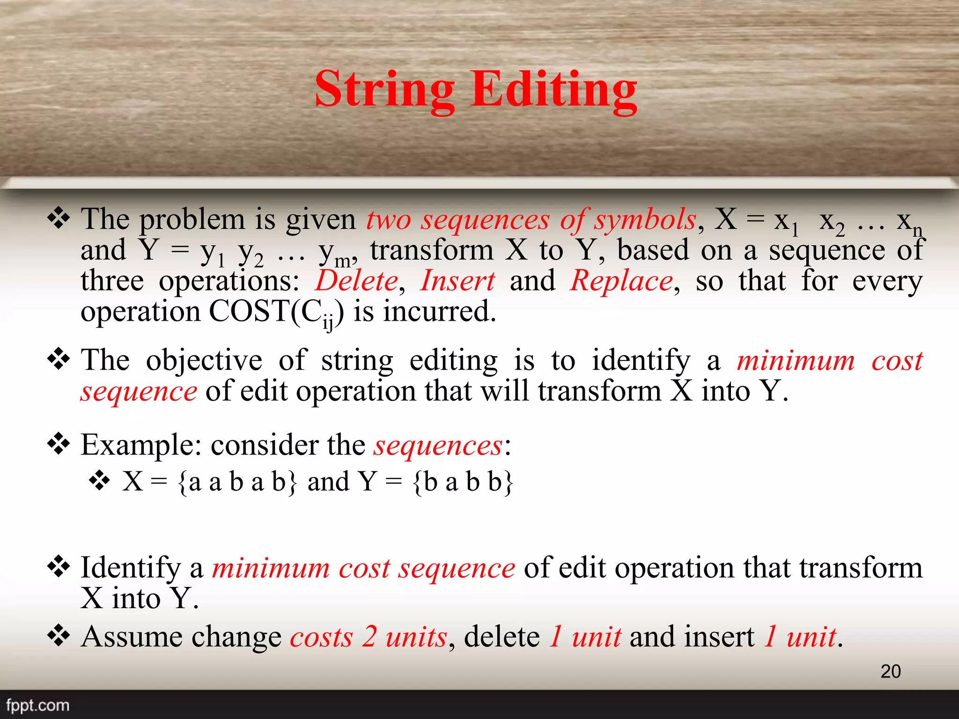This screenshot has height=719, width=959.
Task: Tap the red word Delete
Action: point(357,281)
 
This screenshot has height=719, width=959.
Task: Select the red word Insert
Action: point(457,281)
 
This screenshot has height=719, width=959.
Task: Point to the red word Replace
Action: point(621,281)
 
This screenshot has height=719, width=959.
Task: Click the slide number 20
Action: point(890,671)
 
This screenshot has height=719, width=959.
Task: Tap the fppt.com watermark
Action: point(37,705)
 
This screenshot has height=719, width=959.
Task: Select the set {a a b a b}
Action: point(237,482)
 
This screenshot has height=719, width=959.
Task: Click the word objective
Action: point(204,360)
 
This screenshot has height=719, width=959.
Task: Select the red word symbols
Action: point(645,219)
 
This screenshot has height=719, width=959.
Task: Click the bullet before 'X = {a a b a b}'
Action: point(99,481)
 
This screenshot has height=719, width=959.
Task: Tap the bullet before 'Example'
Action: point(59,444)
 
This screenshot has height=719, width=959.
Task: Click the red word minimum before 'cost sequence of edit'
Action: point(271,568)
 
